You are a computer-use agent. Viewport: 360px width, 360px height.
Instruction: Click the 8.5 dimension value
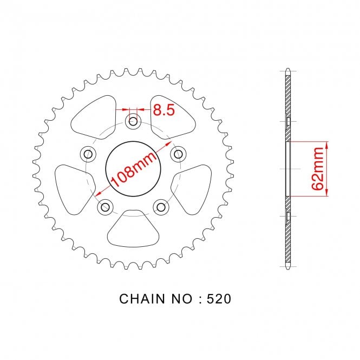click(x=163, y=110)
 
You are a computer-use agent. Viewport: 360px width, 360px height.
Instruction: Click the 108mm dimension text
click(x=134, y=169)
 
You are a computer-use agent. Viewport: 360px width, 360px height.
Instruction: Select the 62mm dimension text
click(x=318, y=169)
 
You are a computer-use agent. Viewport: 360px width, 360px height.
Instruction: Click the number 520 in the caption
click(x=219, y=299)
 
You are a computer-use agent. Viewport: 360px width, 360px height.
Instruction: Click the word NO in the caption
click(x=181, y=299)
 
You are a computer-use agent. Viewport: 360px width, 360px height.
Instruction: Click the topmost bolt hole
click(x=133, y=121)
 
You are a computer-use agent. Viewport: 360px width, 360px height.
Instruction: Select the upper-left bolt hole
click(x=88, y=154)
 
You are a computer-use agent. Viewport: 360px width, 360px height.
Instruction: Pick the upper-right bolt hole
click(x=179, y=154)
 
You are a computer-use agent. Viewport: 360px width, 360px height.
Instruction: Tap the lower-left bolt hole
click(x=106, y=207)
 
